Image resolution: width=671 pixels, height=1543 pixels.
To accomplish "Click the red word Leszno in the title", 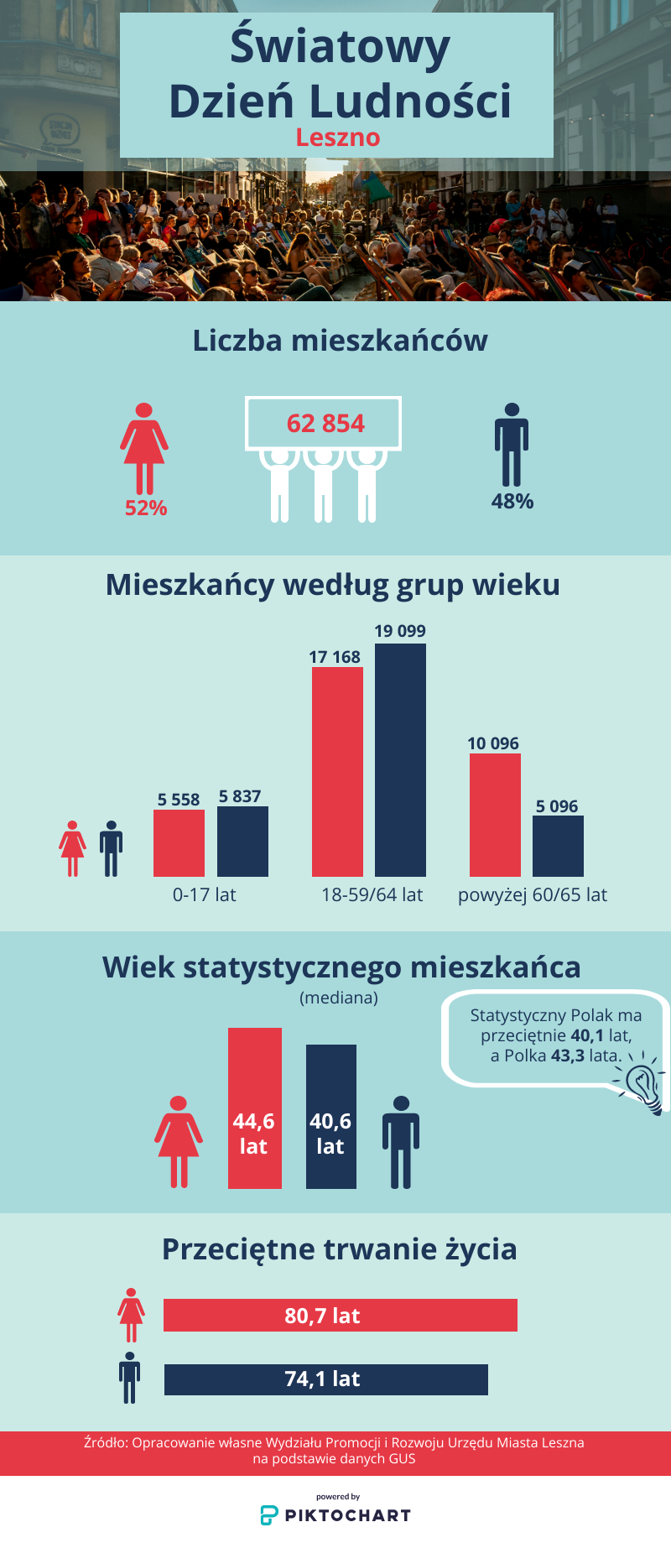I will click(x=337, y=137).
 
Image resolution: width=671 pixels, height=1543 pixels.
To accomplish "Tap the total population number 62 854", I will click(x=325, y=423).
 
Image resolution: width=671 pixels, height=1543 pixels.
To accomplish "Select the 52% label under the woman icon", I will click(x=146, y=508).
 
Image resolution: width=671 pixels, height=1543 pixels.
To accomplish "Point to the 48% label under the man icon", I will click(x=512, y=501).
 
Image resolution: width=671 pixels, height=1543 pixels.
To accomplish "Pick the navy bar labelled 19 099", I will click(x=400, y=760).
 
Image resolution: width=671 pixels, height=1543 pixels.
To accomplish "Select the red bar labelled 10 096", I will click(x=495, y=815).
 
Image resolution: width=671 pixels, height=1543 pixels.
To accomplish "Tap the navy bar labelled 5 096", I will click(x=558, y=846).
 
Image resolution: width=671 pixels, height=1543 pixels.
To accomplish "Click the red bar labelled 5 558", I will click(x=179, y=843).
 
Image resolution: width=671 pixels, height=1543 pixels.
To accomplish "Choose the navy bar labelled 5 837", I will click(x=242, y=842).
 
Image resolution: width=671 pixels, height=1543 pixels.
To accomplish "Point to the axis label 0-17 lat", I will click(x=204, y=894).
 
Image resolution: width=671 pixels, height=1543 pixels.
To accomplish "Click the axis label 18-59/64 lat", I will click(x=372, y=894).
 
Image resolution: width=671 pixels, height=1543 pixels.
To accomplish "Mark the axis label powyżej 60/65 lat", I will click(x=532, y=894).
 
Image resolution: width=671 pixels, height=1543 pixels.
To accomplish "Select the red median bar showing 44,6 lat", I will click(x=254, y=1108).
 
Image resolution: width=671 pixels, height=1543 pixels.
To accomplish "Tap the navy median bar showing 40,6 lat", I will click(x=330, y=1116).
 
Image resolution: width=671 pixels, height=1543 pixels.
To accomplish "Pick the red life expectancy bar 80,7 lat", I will click(x=340, y=1315).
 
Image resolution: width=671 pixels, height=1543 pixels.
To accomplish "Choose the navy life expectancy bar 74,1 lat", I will click(x=325, y=1379).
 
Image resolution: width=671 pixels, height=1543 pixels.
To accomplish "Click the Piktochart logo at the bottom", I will click(x=335, y=1514).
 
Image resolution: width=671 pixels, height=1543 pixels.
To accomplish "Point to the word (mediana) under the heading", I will click(x=339, y=998).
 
